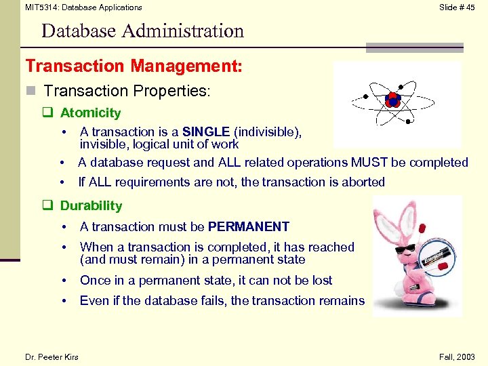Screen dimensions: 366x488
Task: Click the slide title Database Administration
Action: tap(142, 31)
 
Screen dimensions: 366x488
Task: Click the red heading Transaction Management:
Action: tap(134, 66)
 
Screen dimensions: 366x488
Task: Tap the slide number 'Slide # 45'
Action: tap(457, 7)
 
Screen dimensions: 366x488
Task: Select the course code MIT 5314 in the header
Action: tap(40, 7)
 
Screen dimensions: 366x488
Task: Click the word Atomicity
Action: tap(90, 113)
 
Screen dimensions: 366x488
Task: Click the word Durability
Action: tap(91, 206)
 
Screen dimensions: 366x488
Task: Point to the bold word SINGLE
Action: tap(206, 132)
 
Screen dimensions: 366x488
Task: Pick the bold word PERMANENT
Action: tap(249, 227)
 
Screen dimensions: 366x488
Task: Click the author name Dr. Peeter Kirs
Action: tap(52, 357)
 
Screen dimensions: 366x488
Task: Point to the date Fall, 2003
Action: tap(457, 357)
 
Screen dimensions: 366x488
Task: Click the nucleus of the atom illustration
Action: tap(393, 100)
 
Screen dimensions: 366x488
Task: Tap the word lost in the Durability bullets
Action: tap(319, 281)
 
